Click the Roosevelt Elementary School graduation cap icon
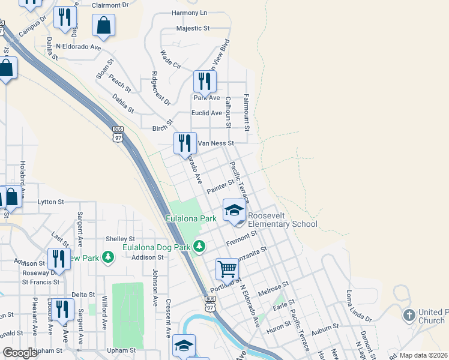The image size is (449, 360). tap(234, 210)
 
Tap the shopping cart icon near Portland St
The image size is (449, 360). tap(227, 269)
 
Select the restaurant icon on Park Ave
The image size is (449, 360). tap(205, 81)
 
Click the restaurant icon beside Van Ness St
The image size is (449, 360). tap(185, 143)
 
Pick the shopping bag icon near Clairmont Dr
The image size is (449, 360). tap(104, 26)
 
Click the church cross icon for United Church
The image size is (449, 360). tap(409, 315)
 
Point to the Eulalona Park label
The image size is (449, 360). tap(191, 219)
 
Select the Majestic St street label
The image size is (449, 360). tap(193, 28)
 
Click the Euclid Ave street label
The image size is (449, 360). tap(206, 113)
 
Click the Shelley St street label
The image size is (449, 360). tap(119, 239)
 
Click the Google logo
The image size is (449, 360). tap(20, 353)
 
